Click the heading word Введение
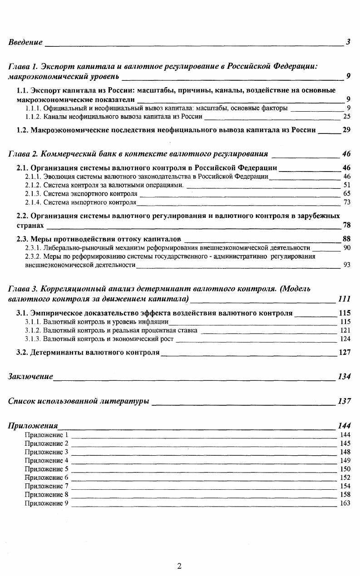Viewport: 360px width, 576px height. click(25, 42)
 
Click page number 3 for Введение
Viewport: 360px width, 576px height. click(348, 42)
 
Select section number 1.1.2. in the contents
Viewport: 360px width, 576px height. click(33, 117)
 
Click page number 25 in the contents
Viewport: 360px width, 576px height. click(347, 117)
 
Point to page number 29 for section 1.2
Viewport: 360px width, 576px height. click(346, 130)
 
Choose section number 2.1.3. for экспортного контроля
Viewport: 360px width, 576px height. click(33, 193)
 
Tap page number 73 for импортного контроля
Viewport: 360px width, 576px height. click(347, 202)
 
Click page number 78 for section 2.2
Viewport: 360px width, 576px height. click(346, 225)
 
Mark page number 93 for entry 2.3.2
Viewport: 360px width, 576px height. click(347, 265)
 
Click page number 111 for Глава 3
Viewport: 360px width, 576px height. click(345, 299)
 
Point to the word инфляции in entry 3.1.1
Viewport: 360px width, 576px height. click(153, 322)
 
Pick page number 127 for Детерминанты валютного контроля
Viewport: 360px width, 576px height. click(345, 352)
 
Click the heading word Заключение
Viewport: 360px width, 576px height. click(30, 377)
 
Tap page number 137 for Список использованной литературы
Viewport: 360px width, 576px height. click(345, 401)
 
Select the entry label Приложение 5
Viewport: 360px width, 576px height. click(46, 469)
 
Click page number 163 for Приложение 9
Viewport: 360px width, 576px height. click(345, 503)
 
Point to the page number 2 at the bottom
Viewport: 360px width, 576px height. click(179, 566)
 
